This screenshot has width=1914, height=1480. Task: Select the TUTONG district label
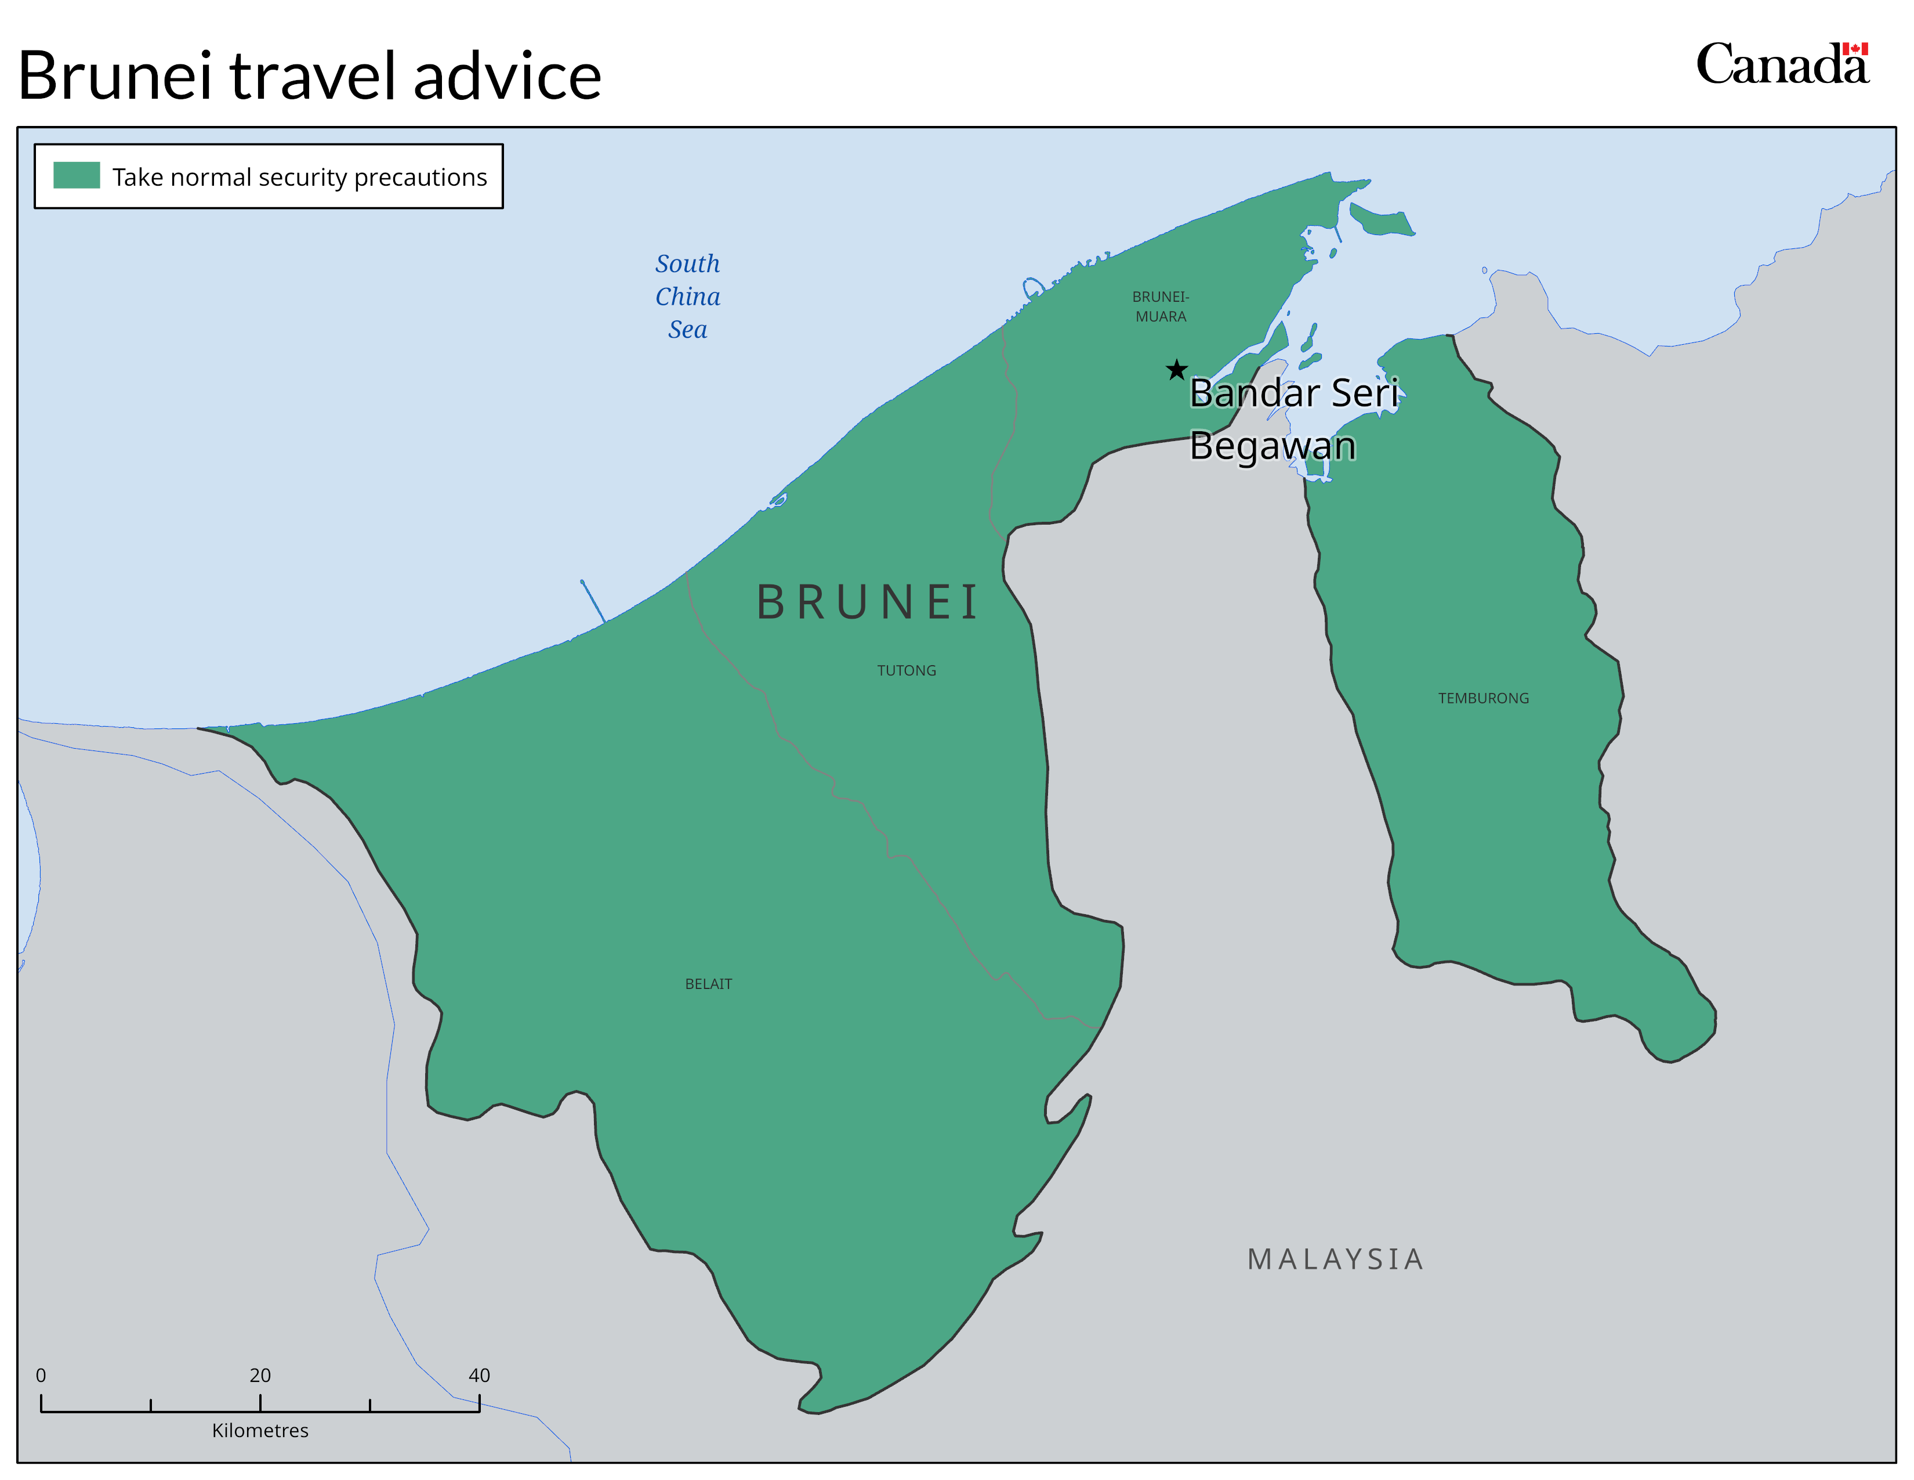tap(906, 671)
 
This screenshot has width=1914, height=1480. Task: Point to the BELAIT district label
tap(708, 984)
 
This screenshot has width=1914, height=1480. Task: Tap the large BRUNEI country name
tap(868, 602)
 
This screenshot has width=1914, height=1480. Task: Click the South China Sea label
tap(688, 297)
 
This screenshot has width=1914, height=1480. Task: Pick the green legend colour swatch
tap(76, 175)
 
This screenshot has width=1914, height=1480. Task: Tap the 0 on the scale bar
tap(41, 1375)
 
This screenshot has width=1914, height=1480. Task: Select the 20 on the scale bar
tap(260, 1375)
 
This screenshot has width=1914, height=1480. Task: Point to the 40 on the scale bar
tap(478, 1375)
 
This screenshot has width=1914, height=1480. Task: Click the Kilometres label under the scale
tap(260, 1430)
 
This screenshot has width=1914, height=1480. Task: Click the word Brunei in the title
tap(115, 76)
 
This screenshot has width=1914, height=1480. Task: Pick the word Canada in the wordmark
tap(1781, 66)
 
